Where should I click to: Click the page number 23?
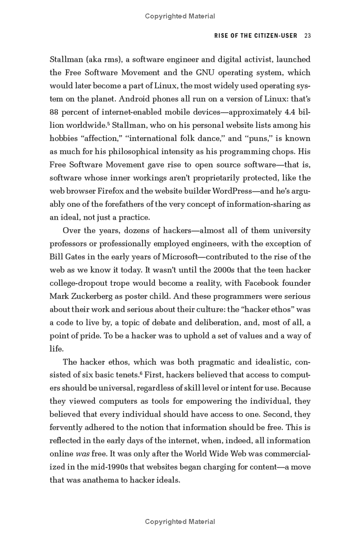(308, 36)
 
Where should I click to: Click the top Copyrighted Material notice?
(180, 16)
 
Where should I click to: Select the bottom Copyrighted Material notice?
(180, 522)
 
